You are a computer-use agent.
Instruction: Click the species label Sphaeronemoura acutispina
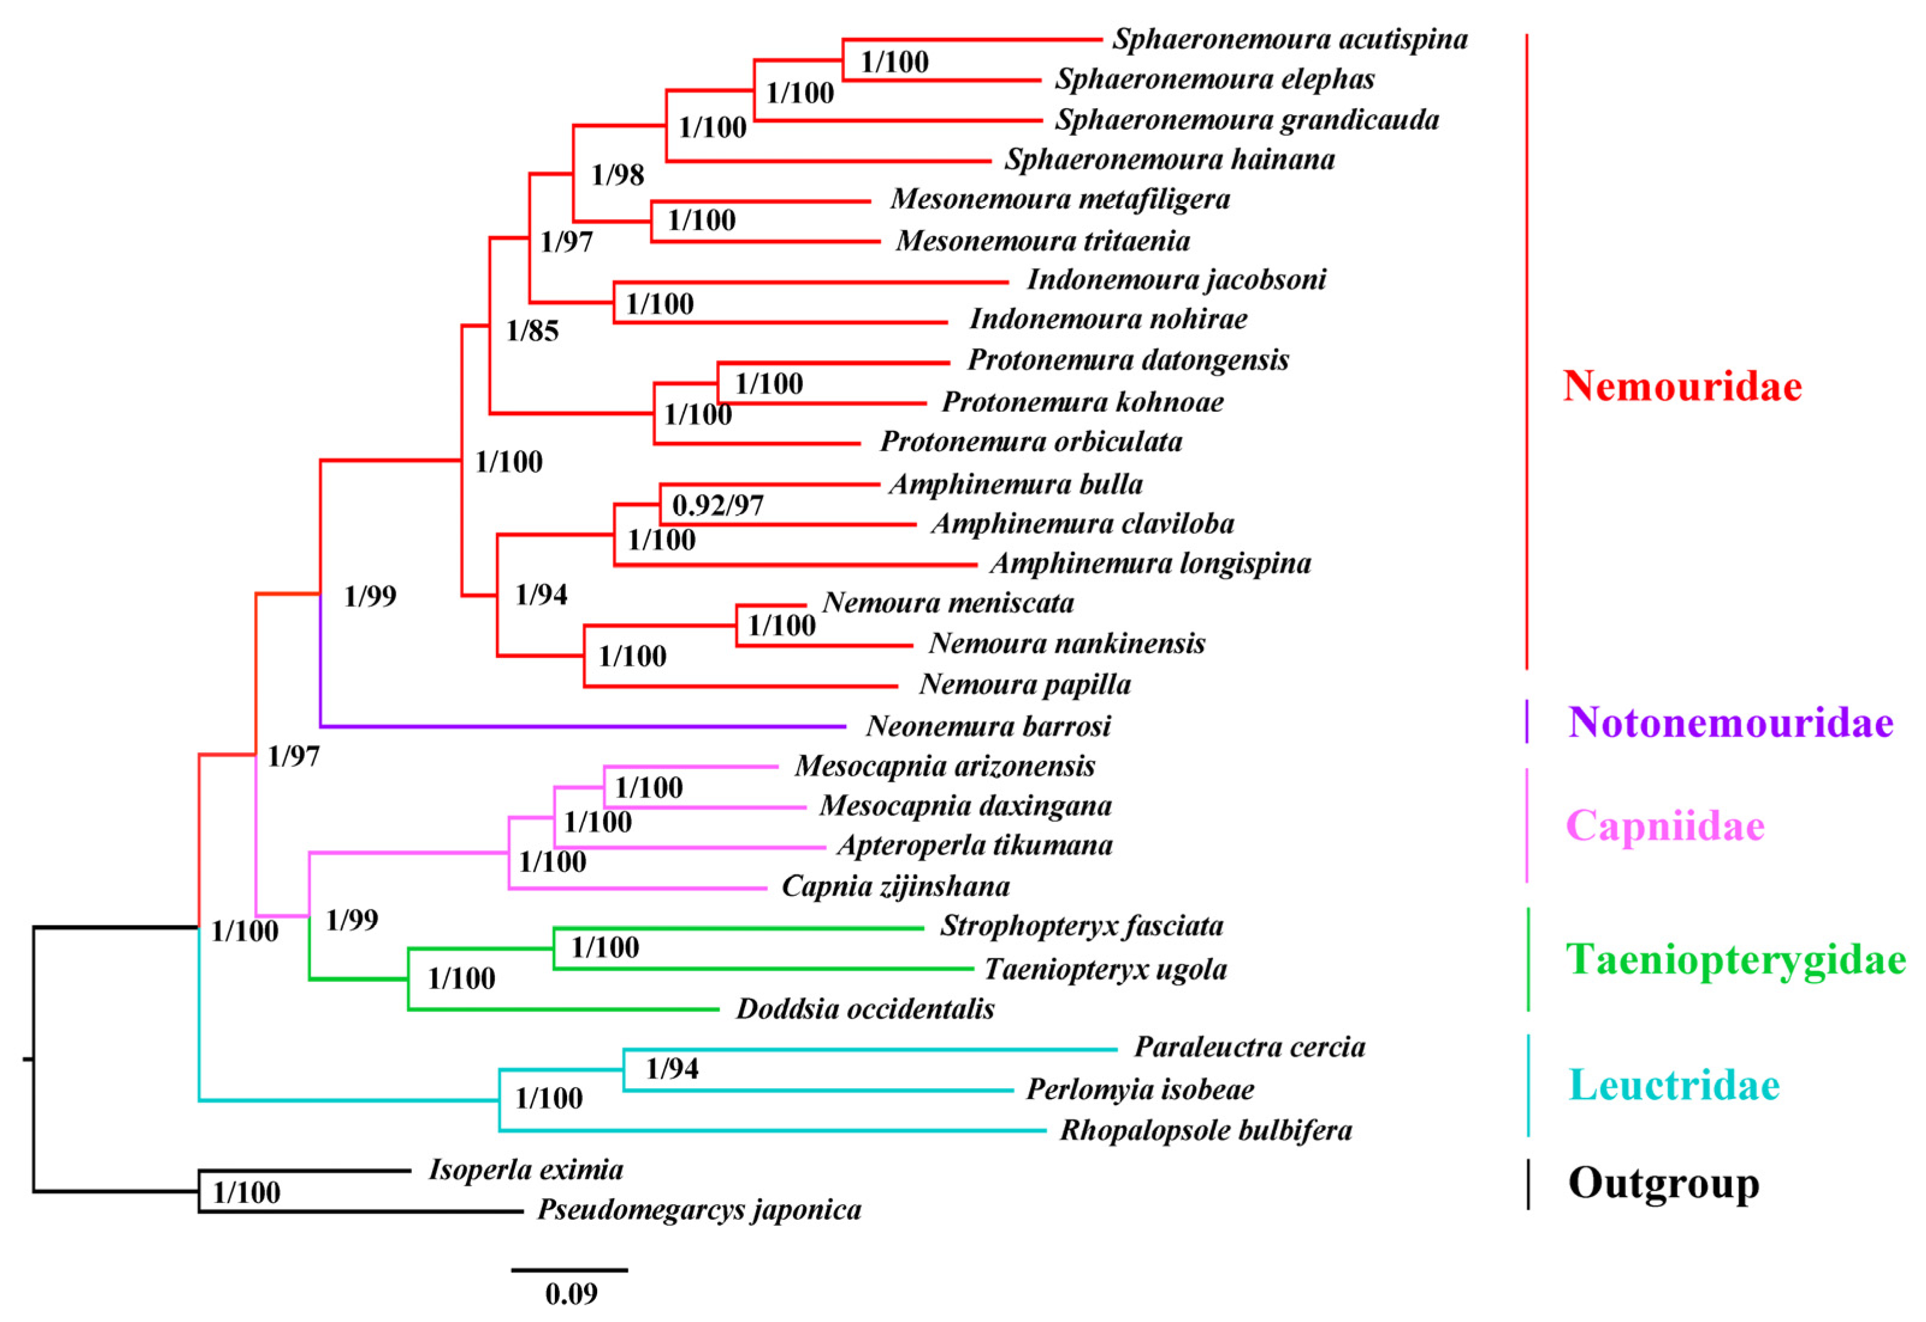(1290, 39)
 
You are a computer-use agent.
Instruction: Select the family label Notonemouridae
(1731, 722)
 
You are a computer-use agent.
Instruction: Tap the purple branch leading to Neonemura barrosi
(580, 726)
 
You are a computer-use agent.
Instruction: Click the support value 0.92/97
(718, 505)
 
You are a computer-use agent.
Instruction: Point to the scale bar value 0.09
(571, 1294)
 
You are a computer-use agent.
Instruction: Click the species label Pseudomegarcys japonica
(699, 1210)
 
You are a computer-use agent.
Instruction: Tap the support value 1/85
(532, 331)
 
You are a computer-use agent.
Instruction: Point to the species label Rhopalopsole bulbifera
(1205, 1131)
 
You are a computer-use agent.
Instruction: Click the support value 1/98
(618, 175)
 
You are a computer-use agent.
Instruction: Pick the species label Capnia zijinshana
(895, 886)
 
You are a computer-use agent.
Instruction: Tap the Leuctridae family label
(1674, 1085)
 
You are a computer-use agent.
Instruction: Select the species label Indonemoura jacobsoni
(1176, 280)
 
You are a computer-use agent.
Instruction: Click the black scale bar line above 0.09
(569, 1269)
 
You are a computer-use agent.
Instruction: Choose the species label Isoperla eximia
(526, 1169)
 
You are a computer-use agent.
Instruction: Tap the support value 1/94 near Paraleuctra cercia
(671, 1068)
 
